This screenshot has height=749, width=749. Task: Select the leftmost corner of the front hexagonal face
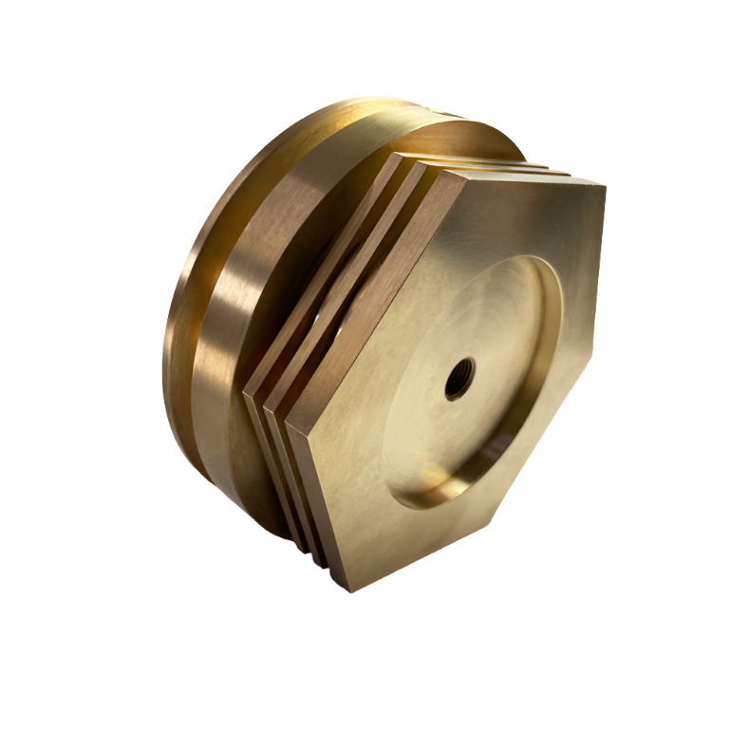pyautogui.click(x=285, y=417)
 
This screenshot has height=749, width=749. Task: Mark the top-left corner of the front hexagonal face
pyautogui.click(x=468, y=174)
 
